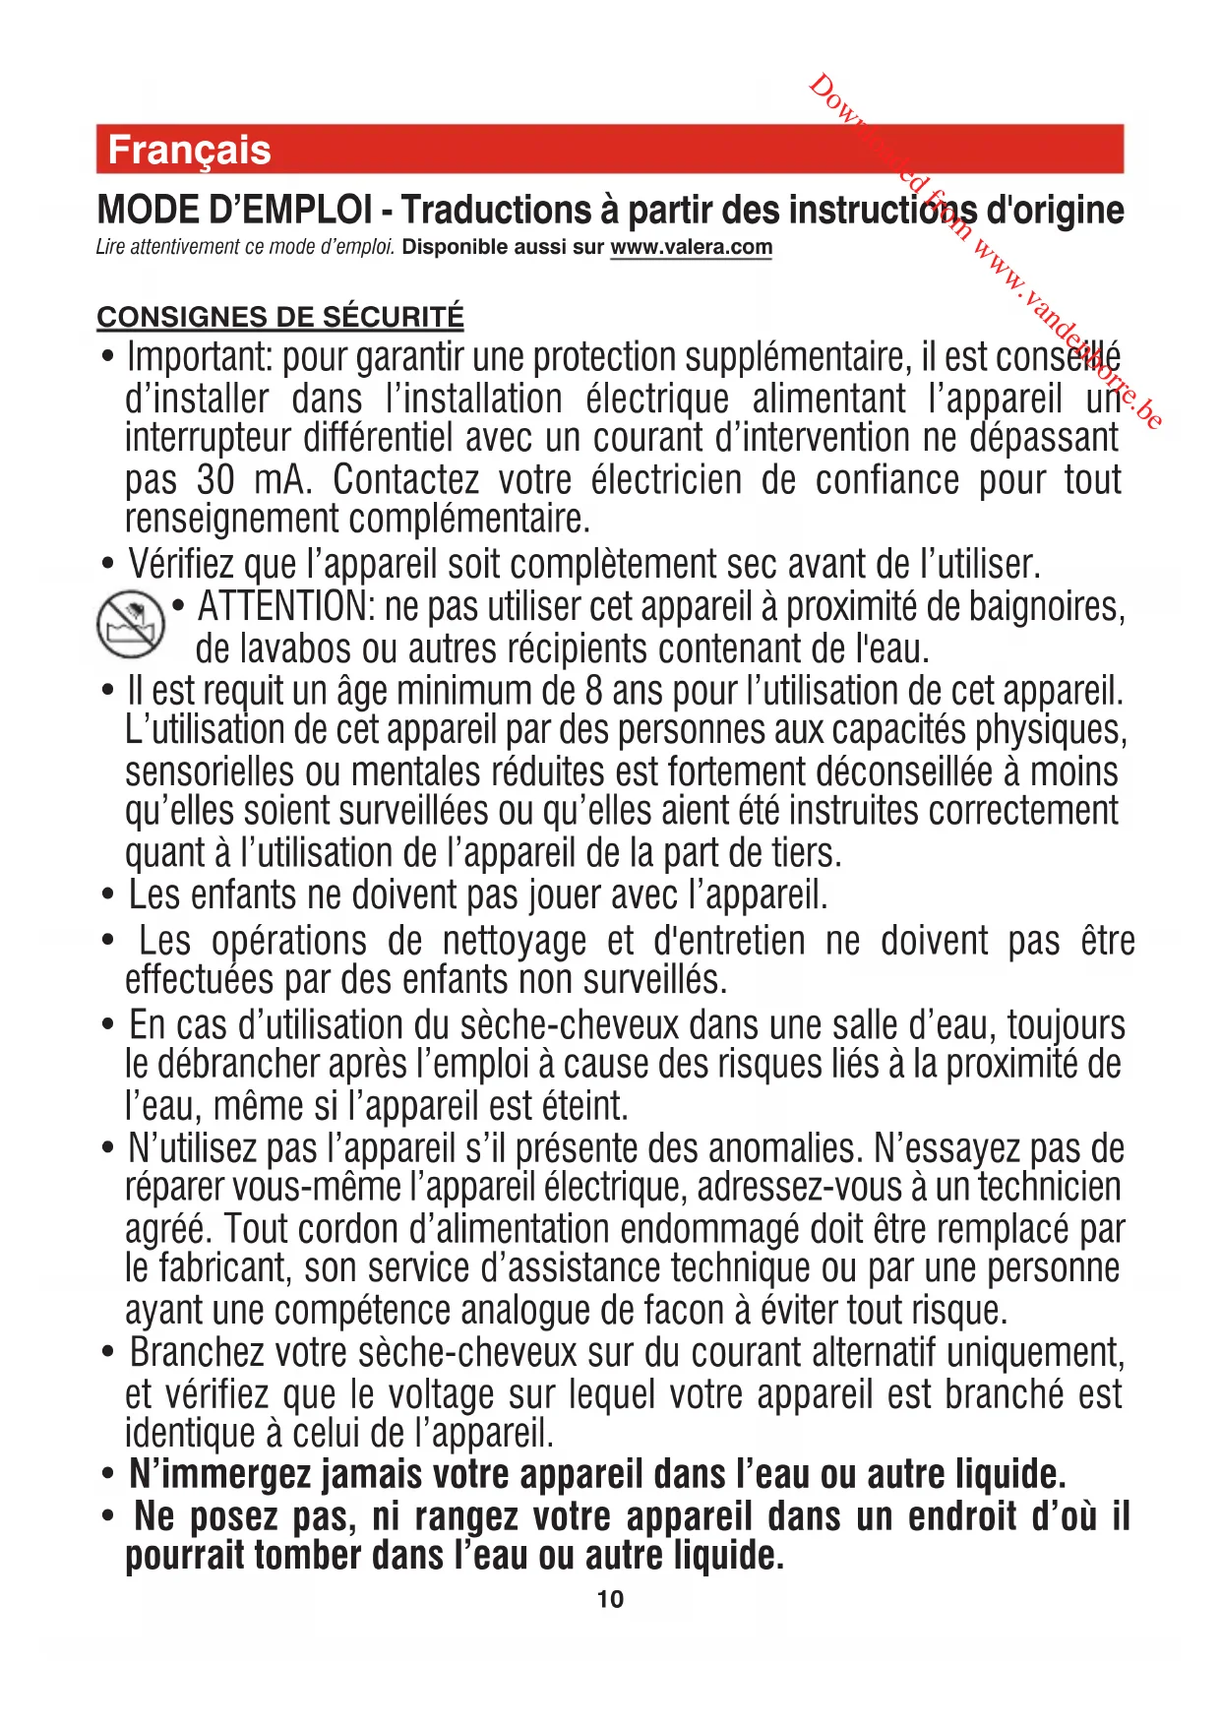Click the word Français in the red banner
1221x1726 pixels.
(189, 151)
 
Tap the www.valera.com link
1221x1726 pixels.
(691, 247)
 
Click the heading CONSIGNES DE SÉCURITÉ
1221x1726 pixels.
(280, 317)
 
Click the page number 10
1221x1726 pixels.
(610, 1599)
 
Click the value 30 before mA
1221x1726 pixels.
(215, 480)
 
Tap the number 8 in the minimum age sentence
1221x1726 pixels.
(593, 691)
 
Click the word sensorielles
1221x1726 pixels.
(210, 772)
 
